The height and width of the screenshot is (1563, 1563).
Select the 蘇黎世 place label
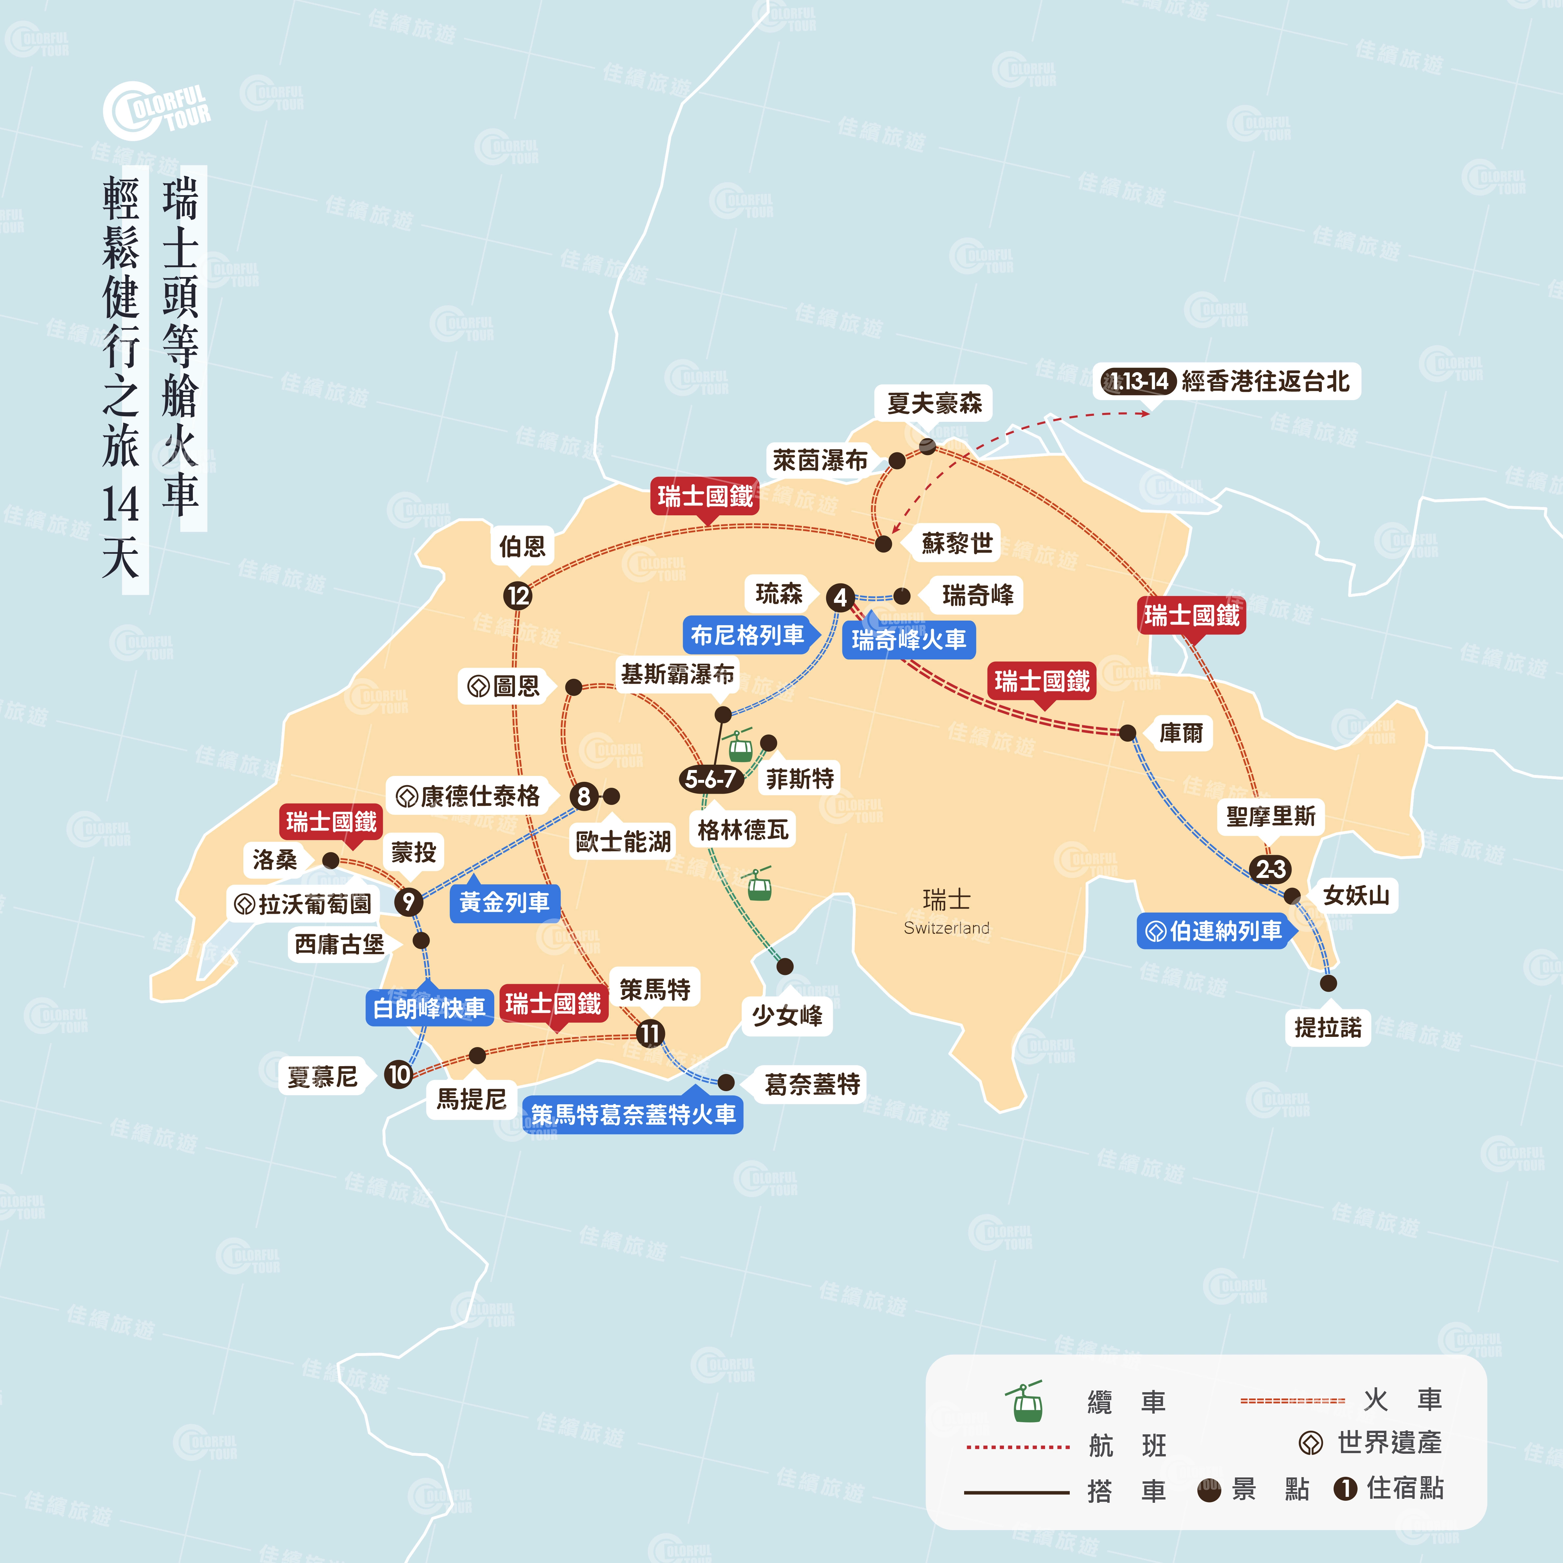point(957,543)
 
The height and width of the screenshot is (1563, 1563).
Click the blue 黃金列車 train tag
point(504,902)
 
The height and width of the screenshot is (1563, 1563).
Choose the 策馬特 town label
point(654,988)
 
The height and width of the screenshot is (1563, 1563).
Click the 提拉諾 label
point(1328,1027)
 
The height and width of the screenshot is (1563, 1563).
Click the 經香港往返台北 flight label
point(1265,381)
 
